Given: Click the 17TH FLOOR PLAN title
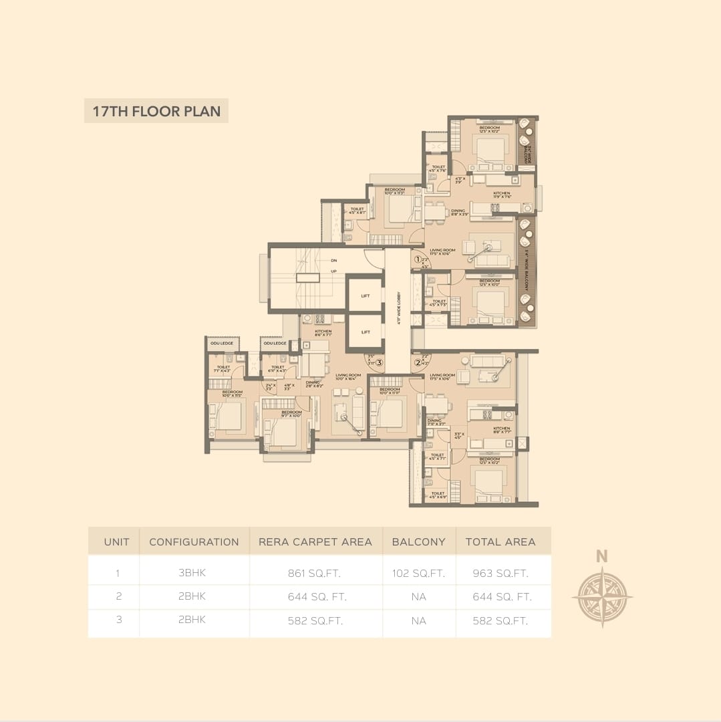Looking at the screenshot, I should [156, 111].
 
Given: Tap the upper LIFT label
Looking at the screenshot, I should [365, 295].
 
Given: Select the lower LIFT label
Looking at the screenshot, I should [365, 332].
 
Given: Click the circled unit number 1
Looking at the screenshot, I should [418, 260].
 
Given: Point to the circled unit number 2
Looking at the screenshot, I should [418, 363].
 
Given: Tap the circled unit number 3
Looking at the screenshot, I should [379, 363].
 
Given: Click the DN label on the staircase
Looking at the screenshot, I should [333, 260].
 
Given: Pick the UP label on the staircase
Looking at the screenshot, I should [333, 271].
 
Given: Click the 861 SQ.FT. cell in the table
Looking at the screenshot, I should [315, 573].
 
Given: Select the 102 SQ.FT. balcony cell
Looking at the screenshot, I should [419, 573].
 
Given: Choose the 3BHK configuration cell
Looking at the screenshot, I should [194, 573].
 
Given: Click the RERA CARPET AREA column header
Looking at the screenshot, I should [315, 541].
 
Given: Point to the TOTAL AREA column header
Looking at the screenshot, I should [500, 541].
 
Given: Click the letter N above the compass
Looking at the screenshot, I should [601, 556].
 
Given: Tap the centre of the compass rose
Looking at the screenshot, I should [602, 596].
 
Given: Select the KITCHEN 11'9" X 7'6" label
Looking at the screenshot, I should [502, 195].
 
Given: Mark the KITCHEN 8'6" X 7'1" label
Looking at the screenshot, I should [323, 333].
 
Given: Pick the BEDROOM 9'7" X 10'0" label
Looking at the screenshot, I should [291, 414].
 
